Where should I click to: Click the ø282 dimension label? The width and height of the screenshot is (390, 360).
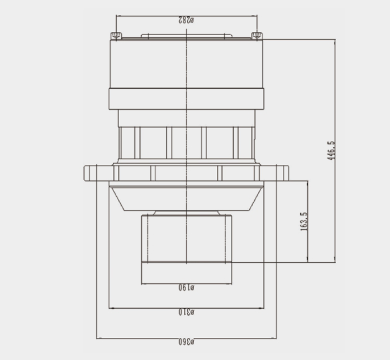(186, 20)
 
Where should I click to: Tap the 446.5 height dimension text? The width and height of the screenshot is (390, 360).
(331, 150)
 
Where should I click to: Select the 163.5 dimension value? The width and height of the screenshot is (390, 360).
(304, 222)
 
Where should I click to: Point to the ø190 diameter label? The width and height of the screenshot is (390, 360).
(187, 288)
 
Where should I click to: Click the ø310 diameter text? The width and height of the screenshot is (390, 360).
(187, 312)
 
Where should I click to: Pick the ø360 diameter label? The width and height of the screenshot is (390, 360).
(187, 342)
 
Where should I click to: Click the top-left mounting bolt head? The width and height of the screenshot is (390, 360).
(116, 36)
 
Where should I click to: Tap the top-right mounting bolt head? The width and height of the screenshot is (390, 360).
(257, 36)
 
